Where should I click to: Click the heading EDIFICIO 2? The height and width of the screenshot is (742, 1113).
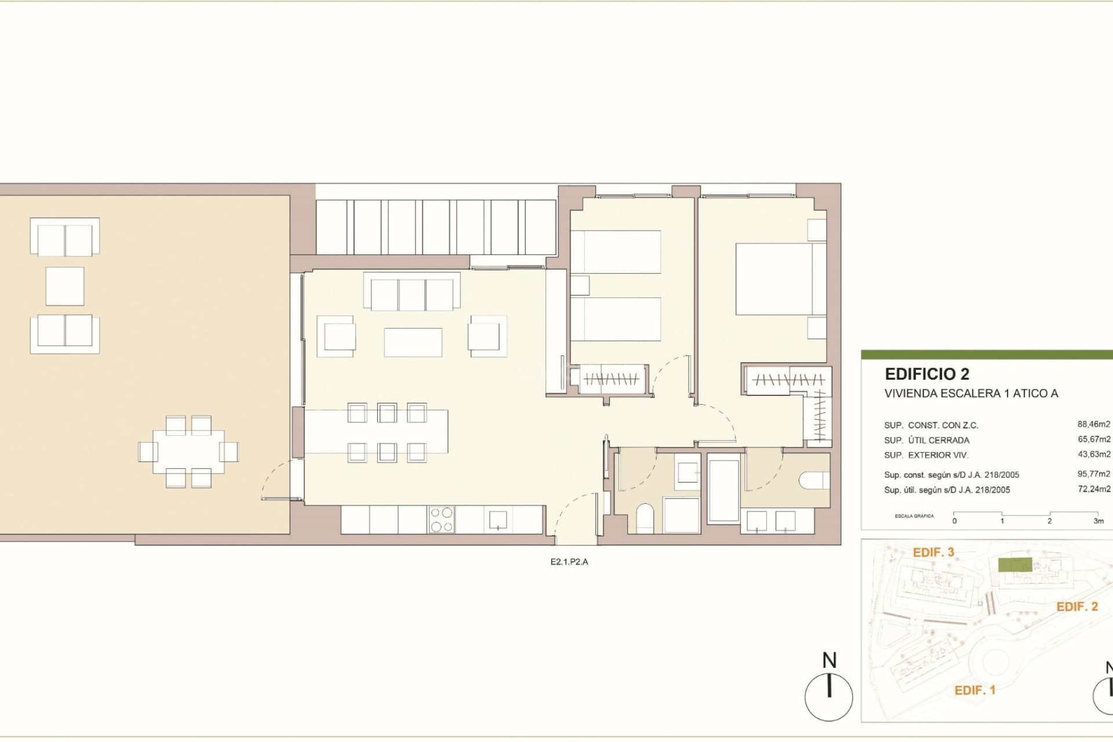point(927,374)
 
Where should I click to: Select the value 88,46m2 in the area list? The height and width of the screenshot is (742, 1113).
point(1093,424)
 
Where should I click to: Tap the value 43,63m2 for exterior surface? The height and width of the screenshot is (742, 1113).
point(1093,454)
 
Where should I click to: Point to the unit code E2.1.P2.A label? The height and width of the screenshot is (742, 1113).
point(569,562)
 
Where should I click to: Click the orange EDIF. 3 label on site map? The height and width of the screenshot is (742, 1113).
point(933,552)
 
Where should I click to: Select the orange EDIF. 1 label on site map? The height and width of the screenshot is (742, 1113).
point(974,690)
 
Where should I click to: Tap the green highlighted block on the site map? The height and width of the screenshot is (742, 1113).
point(1014,565)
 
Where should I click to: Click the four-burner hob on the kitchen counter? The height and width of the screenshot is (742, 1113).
point(442,519)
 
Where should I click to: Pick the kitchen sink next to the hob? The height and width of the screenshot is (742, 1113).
point(497,519)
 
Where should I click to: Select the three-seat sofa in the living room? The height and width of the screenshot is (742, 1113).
point(412,294)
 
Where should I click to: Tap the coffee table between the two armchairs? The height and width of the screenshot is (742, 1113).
point(413,342)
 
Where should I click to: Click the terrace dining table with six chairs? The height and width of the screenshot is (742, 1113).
point(188,452)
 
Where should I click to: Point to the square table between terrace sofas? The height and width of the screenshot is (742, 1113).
point(65,286)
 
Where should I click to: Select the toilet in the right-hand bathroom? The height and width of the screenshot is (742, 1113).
point(813,480)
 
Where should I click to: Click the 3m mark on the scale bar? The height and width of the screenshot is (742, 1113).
point(1098,521)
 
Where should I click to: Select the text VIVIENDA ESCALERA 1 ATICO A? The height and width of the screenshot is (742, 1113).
point(971,394)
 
